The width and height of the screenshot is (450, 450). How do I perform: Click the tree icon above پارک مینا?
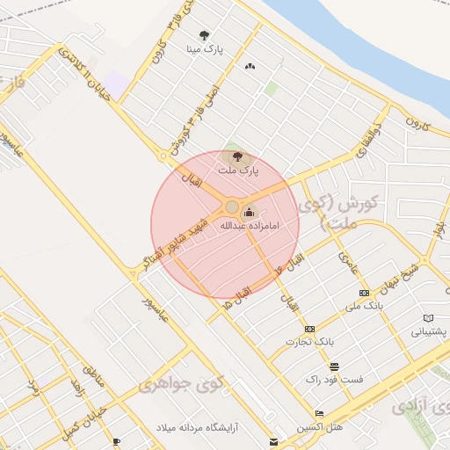[x=205, y=35]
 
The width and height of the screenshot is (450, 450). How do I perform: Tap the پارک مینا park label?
[x=205, y=50]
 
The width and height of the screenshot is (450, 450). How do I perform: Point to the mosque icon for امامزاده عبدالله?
[x=249, y=212]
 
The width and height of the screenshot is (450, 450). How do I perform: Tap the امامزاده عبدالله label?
[x=249, y=226]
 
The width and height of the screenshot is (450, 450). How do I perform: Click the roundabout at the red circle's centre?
[x=232, y=207]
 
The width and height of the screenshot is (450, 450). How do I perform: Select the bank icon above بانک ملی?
[x=364, y=292]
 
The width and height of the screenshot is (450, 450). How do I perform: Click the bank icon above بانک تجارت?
[x=284, y=329]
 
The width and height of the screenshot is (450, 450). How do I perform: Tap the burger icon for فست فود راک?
[x=333, y=367]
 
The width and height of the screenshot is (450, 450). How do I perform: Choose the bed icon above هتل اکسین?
[x=319, y=413]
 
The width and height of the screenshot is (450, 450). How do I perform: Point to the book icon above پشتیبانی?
[x=428, y=318]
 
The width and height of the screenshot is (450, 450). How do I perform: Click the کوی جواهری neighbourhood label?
[x=172, y=384]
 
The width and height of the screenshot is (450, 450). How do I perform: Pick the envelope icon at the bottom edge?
[x=274, y=441]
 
